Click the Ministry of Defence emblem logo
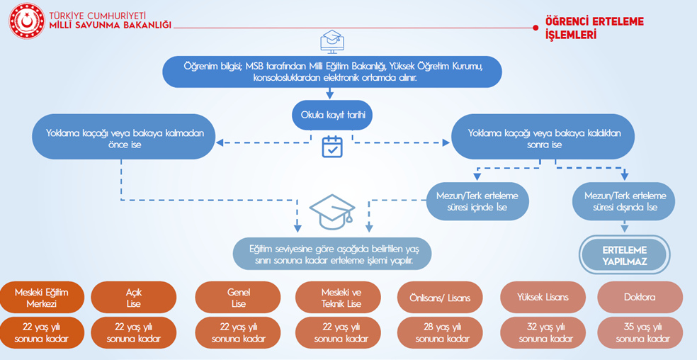coord(26,21)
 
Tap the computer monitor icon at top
coord(331,41)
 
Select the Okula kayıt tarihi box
coord(332,114)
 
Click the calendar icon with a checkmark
coord(331,147)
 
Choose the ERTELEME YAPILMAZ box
coord(624,254)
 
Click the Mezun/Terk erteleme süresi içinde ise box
coord(477,201)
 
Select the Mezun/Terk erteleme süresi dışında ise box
coord(623,201)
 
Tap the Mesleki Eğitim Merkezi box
coord(42,298)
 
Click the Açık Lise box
coord(133,298)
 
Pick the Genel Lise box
coord(237,298)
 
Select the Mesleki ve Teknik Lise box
coord(341,298)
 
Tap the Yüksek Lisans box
coord(543,298)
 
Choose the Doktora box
coord(640,298)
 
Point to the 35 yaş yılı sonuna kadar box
coord(640,332)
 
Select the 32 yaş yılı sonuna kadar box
coord(543,332)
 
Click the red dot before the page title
coord(535,28)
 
